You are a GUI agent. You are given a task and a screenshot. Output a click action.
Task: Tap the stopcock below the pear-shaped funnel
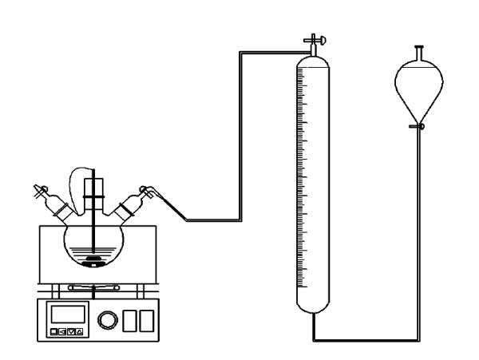(x=418, y=126)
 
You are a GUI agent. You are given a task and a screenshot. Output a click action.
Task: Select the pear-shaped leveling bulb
(x=419, y=92)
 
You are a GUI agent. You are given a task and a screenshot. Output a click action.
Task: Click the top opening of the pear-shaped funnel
(x=419, y=49)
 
